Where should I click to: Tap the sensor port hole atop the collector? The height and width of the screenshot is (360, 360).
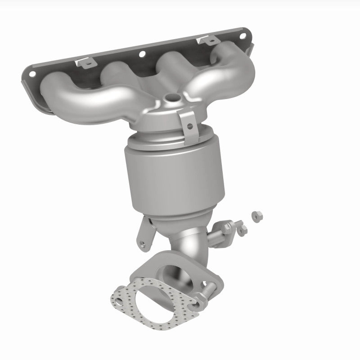171,96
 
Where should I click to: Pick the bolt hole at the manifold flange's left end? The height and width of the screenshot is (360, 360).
31,72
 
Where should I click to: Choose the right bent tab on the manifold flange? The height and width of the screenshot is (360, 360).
208,41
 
